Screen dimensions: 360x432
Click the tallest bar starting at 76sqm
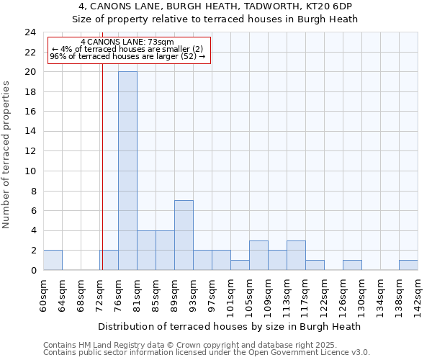(x=127, y=171)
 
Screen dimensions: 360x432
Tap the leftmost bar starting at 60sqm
(x=53, y=260)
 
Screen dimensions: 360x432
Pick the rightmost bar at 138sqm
(x=408, y=265)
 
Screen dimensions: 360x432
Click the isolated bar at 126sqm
(x=352, y=265)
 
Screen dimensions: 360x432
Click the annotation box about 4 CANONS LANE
(x=128, y=50)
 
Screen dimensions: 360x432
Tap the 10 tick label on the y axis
(x=30, y=171)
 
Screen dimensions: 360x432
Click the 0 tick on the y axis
(x=33, y=271)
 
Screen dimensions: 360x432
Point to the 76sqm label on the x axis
(x=118, y=294)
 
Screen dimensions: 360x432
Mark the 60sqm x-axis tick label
(x=43, y=294)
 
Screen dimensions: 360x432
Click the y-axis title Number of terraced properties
(x=6, y=155)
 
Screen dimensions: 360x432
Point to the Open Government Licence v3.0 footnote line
(x=207, y=353)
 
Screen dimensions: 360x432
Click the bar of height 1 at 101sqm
(x=240, y=265)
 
